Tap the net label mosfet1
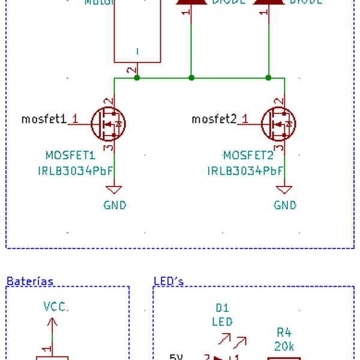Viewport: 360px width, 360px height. click(x=44, y=119)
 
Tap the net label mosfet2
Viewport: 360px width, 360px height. click(x=214, y=119)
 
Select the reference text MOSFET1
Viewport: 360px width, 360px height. click(x=70, y=155)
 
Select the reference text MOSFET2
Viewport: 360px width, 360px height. click(x=247, y=155)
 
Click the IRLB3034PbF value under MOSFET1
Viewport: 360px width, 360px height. click(x=75, y=170)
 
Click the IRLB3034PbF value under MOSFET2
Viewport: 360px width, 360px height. click(x=245, y=170)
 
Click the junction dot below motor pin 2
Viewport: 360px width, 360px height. click(x=137, y=77)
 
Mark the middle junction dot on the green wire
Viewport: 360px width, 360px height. click(x=191, y=77)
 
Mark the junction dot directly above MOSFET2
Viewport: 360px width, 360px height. click(x=268, y=77)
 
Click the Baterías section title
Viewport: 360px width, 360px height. click(x=29, y=281)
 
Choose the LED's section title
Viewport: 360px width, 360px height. click(x=169, y=281)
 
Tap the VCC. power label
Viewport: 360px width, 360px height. click(x=56, y=307)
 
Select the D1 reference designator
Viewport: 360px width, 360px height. click(x=222, y=308)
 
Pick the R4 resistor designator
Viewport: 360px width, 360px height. click(x=284, y=332)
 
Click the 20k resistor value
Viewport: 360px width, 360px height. click(x=284, y=347)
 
